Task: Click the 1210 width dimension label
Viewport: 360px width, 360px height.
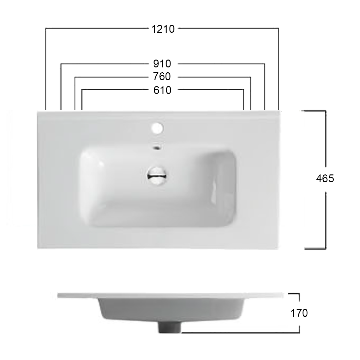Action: [x=163, y=29]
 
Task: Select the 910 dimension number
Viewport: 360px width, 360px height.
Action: [x=162, y=63]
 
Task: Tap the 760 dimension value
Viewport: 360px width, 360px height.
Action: [x=162, y=77]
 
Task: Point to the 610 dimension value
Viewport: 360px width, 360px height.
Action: [x=162, y=90]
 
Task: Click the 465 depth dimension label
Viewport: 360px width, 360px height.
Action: [x=325, y=179]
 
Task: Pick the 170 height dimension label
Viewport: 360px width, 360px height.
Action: [x=299, y=313]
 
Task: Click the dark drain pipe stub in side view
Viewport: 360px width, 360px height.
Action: [x=170, y=327]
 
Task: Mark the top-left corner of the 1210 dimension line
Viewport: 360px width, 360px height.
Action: [x=46, y=29]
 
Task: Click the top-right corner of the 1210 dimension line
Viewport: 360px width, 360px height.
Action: [x=278, y=29]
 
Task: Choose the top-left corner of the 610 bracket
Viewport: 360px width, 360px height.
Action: [x=81, y=89]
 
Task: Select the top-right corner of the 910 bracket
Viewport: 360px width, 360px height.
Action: [x=264, y=63]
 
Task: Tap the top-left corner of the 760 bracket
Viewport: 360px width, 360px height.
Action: [x=75, y=77]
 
